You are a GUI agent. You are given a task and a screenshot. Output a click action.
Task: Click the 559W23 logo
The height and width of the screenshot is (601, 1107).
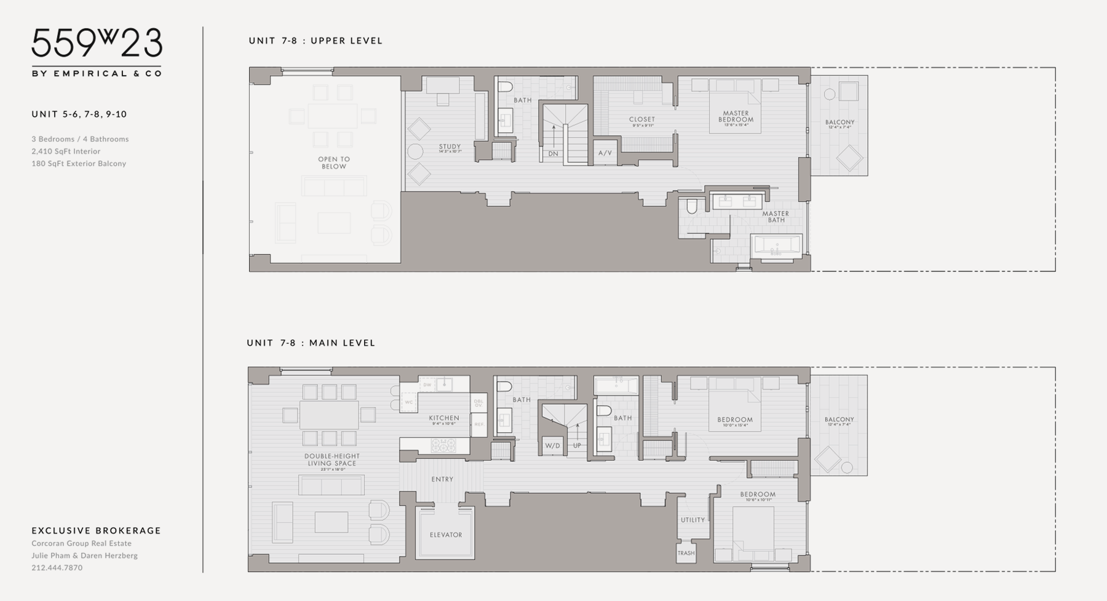click(x=97, y=45)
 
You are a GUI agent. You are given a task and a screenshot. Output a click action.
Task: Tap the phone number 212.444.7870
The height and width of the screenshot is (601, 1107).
click(x=57, y=568)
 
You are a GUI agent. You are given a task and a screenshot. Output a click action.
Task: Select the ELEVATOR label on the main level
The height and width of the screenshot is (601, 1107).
click(x=445, y=535)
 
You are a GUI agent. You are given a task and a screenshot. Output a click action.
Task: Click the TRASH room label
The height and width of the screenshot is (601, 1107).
click(x=686, y=553)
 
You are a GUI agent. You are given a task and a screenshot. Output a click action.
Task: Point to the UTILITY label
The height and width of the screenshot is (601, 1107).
click(x=692, y=520)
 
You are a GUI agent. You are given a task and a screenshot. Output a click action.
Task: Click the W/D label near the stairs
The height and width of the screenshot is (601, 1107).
click(x=552, y=446)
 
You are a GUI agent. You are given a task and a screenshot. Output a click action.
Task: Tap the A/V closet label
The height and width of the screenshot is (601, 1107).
click(x=605, y=153)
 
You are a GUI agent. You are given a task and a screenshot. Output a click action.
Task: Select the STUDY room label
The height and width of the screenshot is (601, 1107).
click(x=450, y=148)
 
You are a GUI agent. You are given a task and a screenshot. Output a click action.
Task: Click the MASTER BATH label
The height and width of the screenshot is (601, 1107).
click(x=776, y=217)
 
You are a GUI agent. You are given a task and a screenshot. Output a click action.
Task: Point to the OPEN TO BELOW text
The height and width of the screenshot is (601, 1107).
click(x=334, y=162)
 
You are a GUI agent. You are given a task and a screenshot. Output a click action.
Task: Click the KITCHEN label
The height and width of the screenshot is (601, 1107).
click(x=444, y=418)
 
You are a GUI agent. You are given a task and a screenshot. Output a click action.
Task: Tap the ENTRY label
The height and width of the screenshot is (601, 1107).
click(x=442, y=479)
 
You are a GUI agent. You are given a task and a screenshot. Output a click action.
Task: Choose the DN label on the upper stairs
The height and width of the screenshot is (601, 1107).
click(x=553, y=154)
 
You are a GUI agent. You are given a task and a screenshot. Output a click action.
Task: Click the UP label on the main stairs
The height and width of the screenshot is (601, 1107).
click(x=577, y=446)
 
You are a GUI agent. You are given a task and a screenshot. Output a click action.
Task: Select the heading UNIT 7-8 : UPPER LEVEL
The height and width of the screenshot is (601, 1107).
click(x=315, y=41)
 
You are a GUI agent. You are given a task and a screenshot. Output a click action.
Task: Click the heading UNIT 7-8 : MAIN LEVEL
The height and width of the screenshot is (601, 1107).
click(x=311, y=343)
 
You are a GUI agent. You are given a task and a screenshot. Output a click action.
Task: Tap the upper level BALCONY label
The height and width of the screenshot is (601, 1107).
click(x=839, y=122)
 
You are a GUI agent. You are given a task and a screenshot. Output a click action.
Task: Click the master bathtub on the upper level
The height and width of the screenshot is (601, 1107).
click(x=776, y=245)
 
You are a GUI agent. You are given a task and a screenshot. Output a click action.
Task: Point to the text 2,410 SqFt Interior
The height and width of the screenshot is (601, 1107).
click(x=66, y=151)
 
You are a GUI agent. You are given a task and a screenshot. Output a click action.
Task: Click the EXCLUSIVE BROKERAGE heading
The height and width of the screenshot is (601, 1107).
click(x=96, y=530)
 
